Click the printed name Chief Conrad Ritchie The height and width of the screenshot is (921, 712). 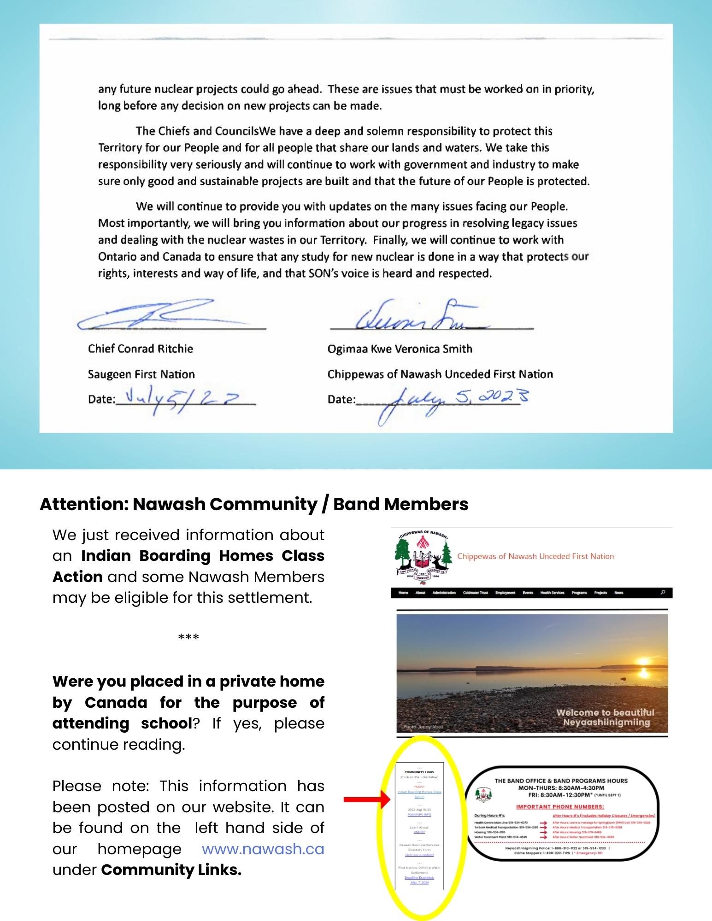click(x=141, y=349)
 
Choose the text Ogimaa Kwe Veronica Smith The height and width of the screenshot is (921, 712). click(x=400, y=349)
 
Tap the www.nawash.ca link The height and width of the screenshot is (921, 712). click(x=263, y=849)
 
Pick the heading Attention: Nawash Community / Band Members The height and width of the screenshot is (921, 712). click(x=254, y=504)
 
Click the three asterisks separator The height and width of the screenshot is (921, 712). click(x=188, y=638)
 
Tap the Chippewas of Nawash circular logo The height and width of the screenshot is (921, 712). click(x=422, y=557)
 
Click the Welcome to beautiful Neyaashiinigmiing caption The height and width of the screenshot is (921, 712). click(x=606, y=717)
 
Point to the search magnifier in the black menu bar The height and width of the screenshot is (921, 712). click(x=663, y=592)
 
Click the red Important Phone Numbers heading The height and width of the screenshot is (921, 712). click(x=560, y=806)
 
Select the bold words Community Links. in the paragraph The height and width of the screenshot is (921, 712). click(x=171, y=870)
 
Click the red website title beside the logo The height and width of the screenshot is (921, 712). click(x=535, y=556)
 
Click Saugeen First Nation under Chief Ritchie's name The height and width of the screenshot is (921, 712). click(x=141, y=374)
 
